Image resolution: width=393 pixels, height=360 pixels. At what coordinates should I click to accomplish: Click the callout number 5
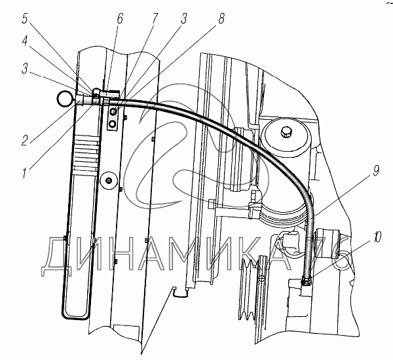click(x=24, y=18)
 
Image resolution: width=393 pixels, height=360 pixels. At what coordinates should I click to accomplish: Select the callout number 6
click(x=120, y=18)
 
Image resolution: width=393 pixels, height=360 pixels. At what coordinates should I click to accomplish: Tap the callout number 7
click(x=155, y=18)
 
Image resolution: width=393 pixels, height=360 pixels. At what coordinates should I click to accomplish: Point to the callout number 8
click(x=221, y=18)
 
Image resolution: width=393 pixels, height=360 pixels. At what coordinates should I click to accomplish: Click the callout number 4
click(x=25, y=41)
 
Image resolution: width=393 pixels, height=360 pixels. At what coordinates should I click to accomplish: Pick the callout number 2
click(x=25, y=140)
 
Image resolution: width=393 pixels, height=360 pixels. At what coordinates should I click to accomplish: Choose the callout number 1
click(x=24, y=173)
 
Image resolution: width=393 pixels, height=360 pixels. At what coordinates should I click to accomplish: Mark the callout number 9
click(x=375, y=171)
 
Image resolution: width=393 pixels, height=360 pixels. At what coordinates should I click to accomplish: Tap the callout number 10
click(x=377, y=237)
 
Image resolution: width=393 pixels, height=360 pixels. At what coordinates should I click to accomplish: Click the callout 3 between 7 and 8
click(x=184, y=18)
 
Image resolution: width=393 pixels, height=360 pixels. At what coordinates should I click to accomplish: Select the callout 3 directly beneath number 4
click(x=25, y=69)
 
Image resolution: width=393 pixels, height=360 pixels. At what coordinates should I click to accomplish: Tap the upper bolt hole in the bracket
click(x=113, y=111)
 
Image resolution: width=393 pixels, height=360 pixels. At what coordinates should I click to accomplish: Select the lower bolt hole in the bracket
click(x=113, y=124)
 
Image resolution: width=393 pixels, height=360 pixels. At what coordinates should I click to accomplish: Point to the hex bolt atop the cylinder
click(x=286, y=132)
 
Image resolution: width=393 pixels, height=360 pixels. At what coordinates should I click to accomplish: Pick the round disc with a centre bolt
click(x=109, y=180)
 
